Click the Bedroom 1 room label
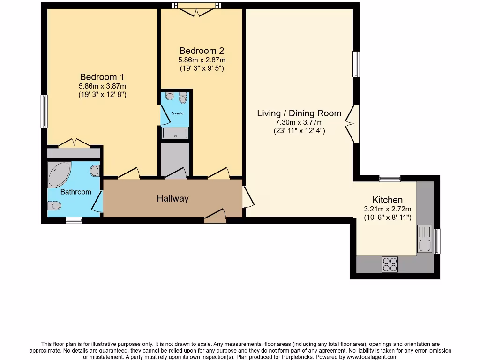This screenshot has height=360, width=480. (102, 77)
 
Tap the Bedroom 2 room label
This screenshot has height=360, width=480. (202, 51)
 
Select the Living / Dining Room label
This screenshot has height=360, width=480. (299, 113)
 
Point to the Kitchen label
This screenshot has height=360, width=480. (387, 200)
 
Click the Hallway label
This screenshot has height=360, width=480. (172, 198)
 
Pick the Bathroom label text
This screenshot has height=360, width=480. (75, 192)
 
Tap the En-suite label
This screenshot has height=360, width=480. (177, 113)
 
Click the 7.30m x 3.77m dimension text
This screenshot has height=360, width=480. (299, 122)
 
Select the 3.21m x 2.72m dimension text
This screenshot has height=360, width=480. (387, 209)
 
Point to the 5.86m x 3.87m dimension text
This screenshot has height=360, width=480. (102, 86)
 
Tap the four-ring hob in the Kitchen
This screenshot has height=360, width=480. (390, 264)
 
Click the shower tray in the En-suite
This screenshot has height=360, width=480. (175, 133)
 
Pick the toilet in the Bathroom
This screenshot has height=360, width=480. (54, 205)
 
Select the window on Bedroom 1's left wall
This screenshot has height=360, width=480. (44, 111)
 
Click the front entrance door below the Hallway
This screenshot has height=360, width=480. (215, 216)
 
